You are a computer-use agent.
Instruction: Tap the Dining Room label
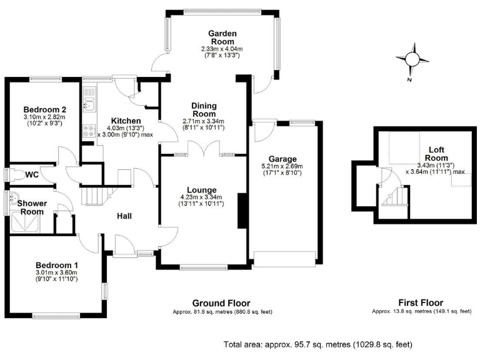pyautogui.click(x=204, y=110)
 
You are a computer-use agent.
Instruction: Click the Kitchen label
pyautogui.click(x=126, y=121)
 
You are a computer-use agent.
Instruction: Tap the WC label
pyautogui.click(x=32, y=174)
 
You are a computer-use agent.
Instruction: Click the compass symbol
pyautogui.click(x=412, y=59)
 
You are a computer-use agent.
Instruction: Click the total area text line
pyautogui.click(x=317, y=344)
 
